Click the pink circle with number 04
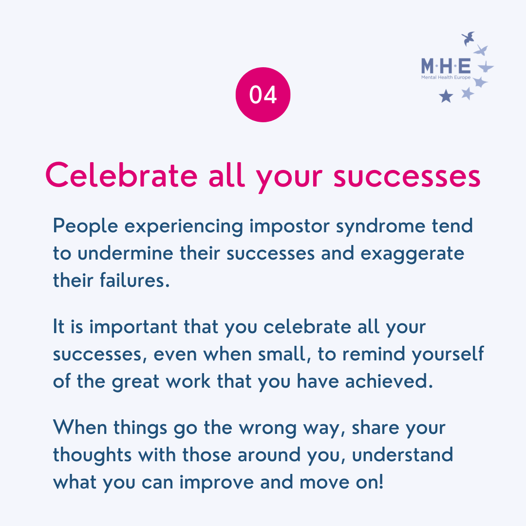[x=263, y=94]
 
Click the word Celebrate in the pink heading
[x=121, y=175]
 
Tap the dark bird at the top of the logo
[x=468, y=38]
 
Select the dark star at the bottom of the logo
[x=446, y=96]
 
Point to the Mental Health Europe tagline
[x=446, y=77]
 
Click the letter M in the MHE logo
[x=428, y=66]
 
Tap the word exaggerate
[x=413, y=254]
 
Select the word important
[x=133, y=327]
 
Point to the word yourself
[x=448, y=354]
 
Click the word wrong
[x=268, y=429]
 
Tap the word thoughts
[x=92, y=455]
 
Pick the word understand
[x=403, y=455]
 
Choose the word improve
[x=217, y=483]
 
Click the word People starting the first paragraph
[x=86, y=226]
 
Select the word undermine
[x=126, y=254]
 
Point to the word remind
[x=374, y=354]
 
